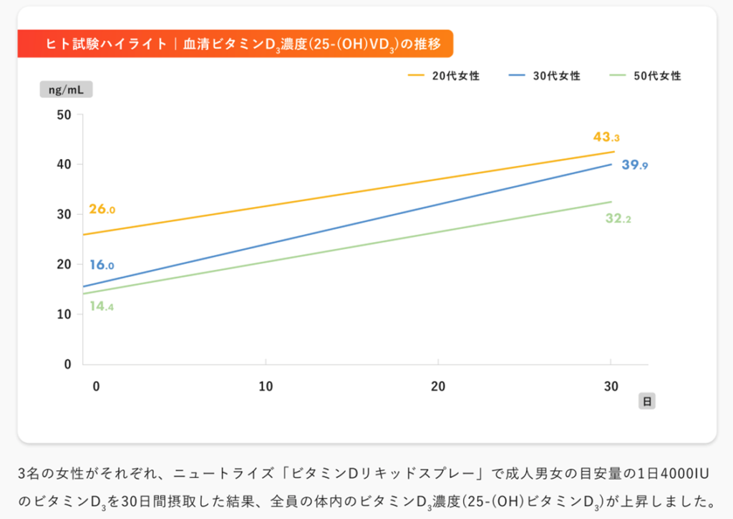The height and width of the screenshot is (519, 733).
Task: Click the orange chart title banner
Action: [x=235, y=44]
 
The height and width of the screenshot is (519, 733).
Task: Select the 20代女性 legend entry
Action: [x=444, y=75]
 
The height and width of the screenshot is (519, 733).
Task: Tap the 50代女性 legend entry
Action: [x=646, y=75]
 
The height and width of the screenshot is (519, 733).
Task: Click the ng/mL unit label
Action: [x=66, y=89]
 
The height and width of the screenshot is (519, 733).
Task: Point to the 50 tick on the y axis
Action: [x=64, y=115]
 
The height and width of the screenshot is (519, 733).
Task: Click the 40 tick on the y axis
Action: [x=64, y=164]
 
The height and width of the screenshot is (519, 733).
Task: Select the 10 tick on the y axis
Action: [x=64, y=314]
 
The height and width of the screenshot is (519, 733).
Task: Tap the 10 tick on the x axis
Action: [x=266, y=387]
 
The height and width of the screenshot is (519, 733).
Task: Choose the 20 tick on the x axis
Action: [x=438, y=387]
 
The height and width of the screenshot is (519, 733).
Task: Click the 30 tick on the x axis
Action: [x=611, y=387]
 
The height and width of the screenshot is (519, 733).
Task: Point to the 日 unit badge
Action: [x=647, y=401]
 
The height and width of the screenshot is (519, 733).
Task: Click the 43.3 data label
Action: [x=606, y=137]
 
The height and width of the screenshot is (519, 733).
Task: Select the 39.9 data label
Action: [x=634, y=165]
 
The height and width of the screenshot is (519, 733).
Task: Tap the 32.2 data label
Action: [x=618, y=219]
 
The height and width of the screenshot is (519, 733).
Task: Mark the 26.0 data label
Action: [x=102, y=210]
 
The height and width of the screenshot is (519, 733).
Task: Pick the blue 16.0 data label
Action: [x=102, y=265]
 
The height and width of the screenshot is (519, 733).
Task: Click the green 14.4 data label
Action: [x=102, y=306]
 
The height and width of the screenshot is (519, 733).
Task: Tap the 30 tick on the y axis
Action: [x=64, y=214]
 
